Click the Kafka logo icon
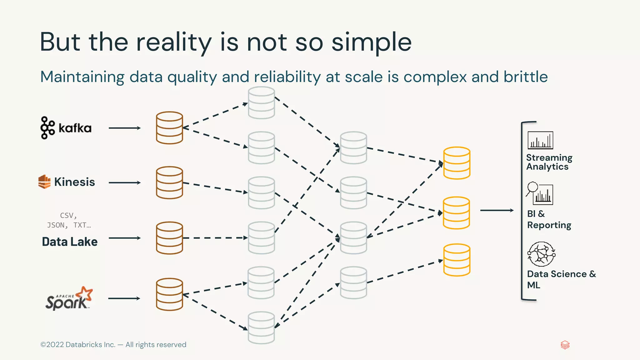pyautogui.click(x=47, y=128)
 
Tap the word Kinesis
pyautogui.click(x=74, y=182)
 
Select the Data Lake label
pyautogui.click(x=70, y=242)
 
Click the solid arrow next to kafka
pyautogui.click(x=124, y=128)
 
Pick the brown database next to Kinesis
pyautogui.click(x=169, y=182)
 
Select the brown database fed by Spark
pyautogui.click(x=169, y=294)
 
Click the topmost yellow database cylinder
pyautogui.click(x=457, y=163)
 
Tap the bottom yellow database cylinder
pyautogui.click(x=457, y=260)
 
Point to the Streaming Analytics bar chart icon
pyautogui.click(x=540, y=140)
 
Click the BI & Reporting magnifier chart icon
pyautogui.click(x=540, y=193)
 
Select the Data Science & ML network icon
pyautogui.click(x=541, y=254)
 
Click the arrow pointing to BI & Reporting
pyautogui.click(x=497, y=210)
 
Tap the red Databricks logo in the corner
pyautogui.click(x=565, y=345)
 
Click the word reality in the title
pyautogui.click(x=174, y=42)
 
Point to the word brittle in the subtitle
pyautogui.click(x=525, y=77)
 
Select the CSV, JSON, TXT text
pyautogui.click(x=69, y=220)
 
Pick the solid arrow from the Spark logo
pyautogui.click(x=124, y=298)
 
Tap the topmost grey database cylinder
pyautogui.click(x=262, y=103)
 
